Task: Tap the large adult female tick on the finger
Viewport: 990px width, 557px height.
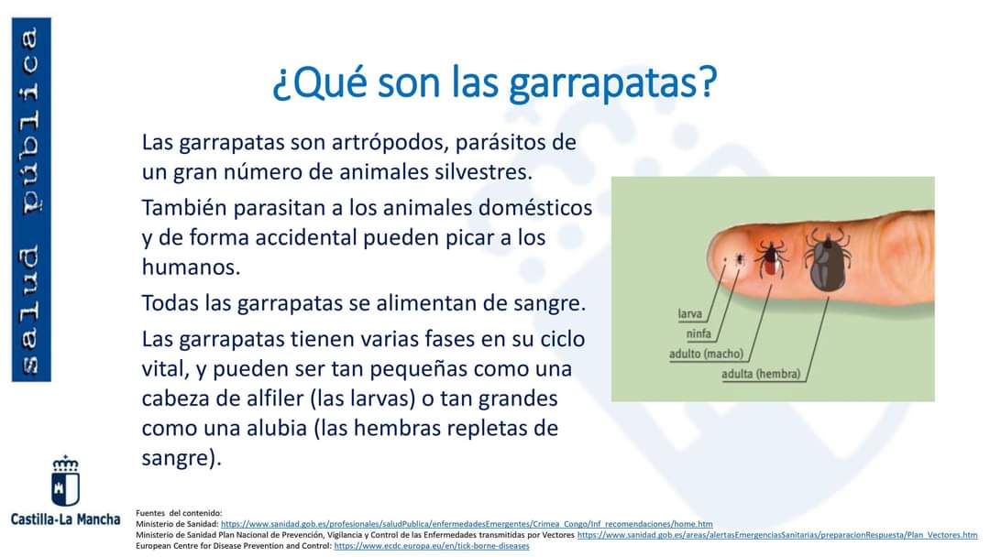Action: point(828,260)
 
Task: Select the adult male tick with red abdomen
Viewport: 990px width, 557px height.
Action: point(771,258)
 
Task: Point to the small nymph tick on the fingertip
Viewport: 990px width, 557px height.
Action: point(740,258)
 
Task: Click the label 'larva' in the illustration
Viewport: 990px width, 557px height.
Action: point(689,313)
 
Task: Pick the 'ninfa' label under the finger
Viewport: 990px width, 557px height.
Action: point(698,333)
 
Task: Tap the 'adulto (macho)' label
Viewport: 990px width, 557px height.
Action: point(706,354)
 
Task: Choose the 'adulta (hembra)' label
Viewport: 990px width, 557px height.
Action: point(761,374)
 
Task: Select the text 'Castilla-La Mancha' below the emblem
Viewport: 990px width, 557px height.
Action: point(65,519)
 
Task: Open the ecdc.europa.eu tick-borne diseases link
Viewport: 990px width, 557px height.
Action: point(432,546)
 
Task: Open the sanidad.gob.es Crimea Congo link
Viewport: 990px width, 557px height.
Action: point(467,524)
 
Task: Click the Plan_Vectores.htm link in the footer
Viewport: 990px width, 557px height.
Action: point(777,535)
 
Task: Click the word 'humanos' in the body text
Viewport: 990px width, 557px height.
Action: point(190,267)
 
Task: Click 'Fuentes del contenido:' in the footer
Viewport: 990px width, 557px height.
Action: point(179,513)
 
